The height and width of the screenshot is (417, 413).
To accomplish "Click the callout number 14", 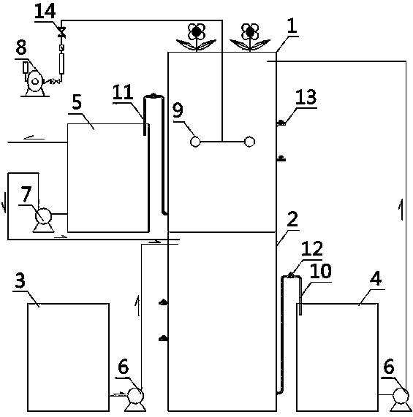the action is (x=45, y=11).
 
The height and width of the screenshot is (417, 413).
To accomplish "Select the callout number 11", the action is (x=122, y=92).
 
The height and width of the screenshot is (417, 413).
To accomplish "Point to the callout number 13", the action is (x=306, y=97).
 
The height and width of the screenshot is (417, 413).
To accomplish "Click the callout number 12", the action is (x=312, y=248).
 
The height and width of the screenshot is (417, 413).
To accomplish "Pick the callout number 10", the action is (x=321, y=271).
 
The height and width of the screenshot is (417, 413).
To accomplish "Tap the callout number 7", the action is (x=26, y=194).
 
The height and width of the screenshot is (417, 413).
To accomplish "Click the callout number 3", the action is (x=20, y=280).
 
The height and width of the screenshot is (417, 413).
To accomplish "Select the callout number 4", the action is (x=376, y=278).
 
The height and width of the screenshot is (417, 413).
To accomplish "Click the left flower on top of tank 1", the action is (x=197, y=37).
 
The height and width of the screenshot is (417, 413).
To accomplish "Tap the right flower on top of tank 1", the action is (x=249, y=37).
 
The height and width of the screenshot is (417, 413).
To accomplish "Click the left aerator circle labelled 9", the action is (x=195, y=142).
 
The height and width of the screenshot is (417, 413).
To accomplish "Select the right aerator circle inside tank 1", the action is (x=249, y=142).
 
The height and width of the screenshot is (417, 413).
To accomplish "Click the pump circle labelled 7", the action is (x=43, y=216).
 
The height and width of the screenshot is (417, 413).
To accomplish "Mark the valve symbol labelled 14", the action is (x=62, y=32).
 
